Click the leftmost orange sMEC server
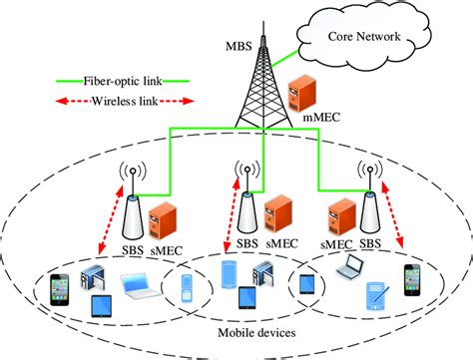tap(161, 211)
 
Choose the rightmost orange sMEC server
tap(338, 209)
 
